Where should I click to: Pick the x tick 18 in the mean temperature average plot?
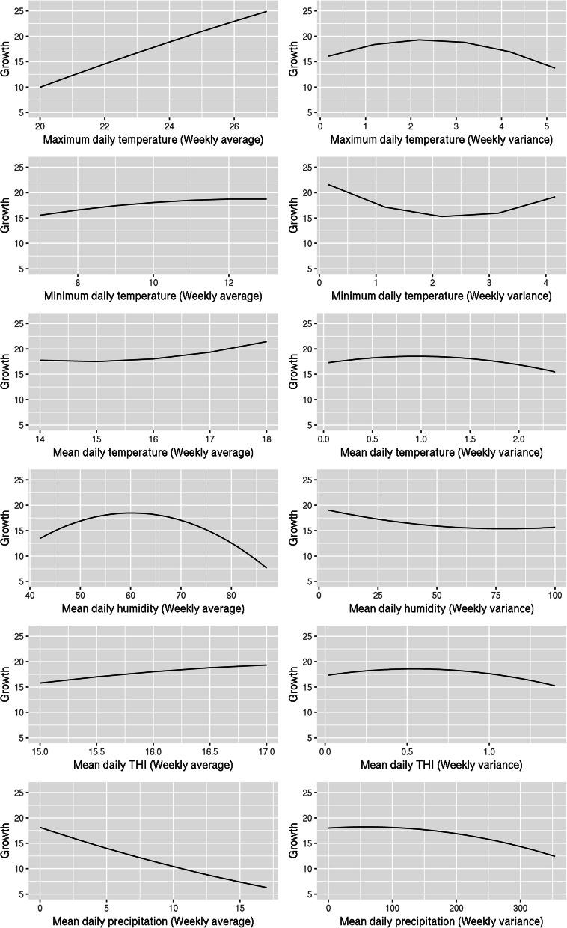pyautogui.click(x=266, y=438)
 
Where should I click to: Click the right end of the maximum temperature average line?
pyautogui.click(x=266, y=11)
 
